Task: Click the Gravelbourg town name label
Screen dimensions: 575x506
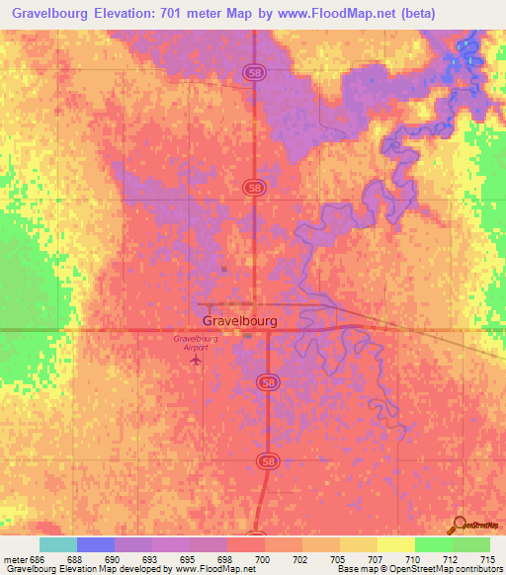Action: pos(239,321)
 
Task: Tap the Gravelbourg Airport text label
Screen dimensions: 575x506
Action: pos(195,343)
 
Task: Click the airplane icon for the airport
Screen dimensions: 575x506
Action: pos(195,360)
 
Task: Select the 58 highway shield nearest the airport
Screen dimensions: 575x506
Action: pos(266,381)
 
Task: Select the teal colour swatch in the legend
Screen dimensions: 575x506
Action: pos(58,544)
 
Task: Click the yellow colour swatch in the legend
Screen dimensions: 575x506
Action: pos(395,544)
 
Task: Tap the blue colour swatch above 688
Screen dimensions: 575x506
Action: pos(96,544)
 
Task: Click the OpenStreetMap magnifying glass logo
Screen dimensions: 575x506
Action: pos(458,524)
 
